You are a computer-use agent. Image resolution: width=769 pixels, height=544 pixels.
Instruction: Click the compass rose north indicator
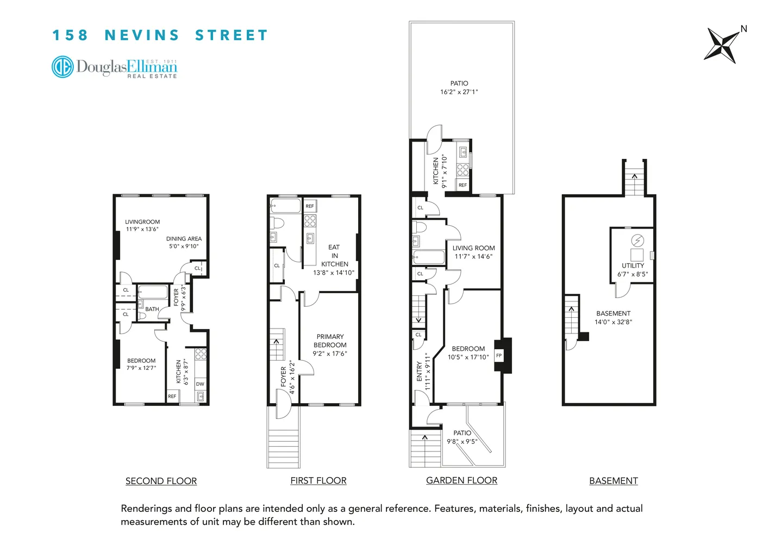coord(743,29)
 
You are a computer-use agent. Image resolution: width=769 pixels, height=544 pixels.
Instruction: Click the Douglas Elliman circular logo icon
coord(62,67)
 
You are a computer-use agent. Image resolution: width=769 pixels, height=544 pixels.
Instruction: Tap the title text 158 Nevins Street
coord(160,35)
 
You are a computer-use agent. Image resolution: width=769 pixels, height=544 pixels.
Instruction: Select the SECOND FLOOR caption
coord(161,481)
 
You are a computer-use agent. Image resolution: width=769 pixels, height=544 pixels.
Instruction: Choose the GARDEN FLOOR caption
coord(461,480)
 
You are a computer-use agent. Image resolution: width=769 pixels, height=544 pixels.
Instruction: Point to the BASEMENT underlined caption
coord(613,481)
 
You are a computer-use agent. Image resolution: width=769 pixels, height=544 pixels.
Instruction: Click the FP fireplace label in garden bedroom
coord(499,356)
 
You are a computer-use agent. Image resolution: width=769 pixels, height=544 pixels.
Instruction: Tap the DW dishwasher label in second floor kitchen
coord(200,384)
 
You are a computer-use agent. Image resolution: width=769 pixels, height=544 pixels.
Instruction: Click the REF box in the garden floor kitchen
coord(462,185)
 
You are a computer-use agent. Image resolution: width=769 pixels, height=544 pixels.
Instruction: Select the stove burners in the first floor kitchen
coord(310,220)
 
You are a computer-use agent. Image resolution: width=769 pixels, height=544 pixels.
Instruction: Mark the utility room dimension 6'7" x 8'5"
coord(633,274)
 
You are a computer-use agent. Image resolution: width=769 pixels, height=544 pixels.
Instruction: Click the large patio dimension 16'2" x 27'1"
coord(459,92)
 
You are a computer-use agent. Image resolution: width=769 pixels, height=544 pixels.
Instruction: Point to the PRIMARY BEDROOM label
coord(330,341)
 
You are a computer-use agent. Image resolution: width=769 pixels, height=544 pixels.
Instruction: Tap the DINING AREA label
coord(184,239)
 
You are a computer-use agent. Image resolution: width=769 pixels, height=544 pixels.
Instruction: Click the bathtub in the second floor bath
coord(153,292)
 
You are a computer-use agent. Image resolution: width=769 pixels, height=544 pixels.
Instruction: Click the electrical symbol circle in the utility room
coord(637,240)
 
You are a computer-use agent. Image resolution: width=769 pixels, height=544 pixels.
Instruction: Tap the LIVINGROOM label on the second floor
coord(142,222)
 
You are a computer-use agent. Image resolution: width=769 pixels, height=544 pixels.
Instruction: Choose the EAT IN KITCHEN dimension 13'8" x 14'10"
coord(334,273)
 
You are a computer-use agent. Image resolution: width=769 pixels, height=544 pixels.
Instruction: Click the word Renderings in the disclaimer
coord(145,509)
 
